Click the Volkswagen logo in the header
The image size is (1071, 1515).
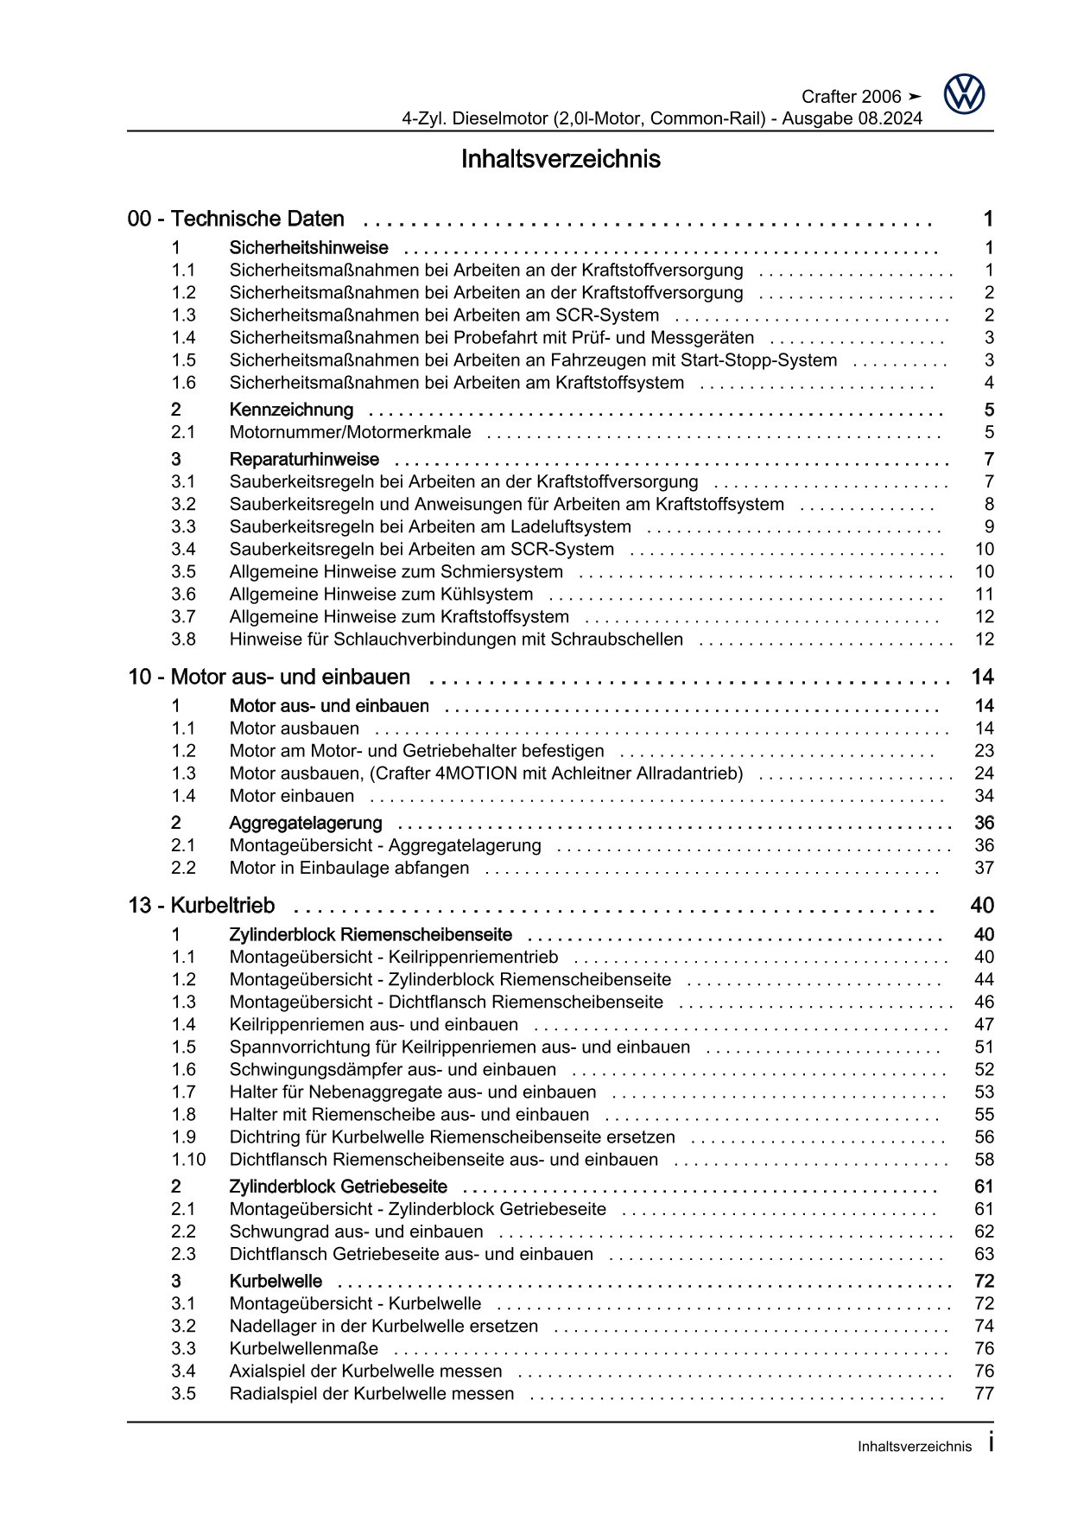964,94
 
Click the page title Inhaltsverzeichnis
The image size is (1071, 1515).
561,159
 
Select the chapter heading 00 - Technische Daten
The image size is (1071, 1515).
236,220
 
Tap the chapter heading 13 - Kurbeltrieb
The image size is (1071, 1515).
201,906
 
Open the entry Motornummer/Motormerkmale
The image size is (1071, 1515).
350,432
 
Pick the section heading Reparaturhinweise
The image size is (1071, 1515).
304,459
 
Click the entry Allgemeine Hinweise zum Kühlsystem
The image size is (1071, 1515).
381,594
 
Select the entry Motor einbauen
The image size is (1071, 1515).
291,796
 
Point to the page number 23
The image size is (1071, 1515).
984,751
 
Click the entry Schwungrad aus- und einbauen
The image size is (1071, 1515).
356,1232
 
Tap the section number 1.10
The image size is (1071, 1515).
188,1160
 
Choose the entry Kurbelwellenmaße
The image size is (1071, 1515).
303,1348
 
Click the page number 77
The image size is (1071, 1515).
984,1393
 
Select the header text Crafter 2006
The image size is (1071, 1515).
851,97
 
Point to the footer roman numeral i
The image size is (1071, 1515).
990,1443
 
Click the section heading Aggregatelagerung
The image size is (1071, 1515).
305,823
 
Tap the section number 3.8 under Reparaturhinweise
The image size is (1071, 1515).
183,640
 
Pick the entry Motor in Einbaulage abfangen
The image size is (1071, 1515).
349,868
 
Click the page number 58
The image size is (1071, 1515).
984,1160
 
